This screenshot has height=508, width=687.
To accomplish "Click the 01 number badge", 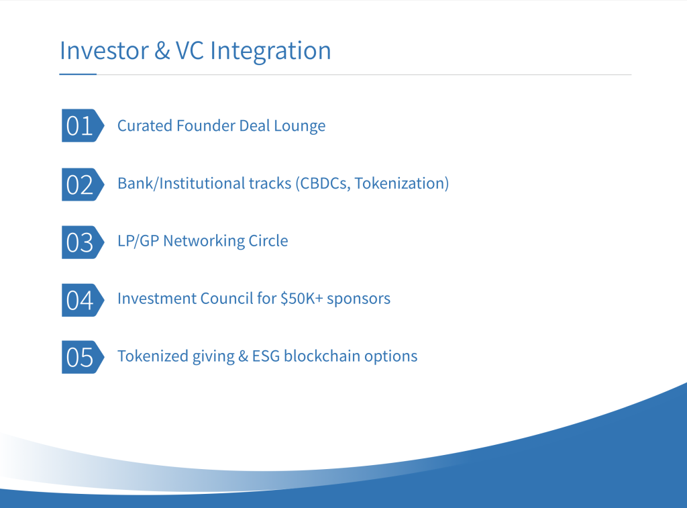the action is coord(83,125).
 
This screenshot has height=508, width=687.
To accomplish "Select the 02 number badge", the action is coord(83,185).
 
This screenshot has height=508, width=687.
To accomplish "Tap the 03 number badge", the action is coord(83,242).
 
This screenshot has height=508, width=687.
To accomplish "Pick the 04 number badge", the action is coord(83,300).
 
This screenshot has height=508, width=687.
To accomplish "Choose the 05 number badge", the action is coord(83,357).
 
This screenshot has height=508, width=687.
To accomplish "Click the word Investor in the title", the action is coord(104,50).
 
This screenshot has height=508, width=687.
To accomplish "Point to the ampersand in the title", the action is coord(162,50).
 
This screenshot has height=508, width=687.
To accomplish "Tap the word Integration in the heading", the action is coord(270,51).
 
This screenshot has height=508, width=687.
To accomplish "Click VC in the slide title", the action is coord(190,50).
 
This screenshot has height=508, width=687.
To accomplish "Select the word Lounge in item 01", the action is coord(300,126).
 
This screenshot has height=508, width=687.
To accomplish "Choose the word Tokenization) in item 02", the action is coord(402,183).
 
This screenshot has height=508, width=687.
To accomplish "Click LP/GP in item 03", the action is coord(138,241).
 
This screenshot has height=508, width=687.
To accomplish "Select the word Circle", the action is coord(268,241).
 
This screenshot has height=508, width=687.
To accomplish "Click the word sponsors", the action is coord(358,299).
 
